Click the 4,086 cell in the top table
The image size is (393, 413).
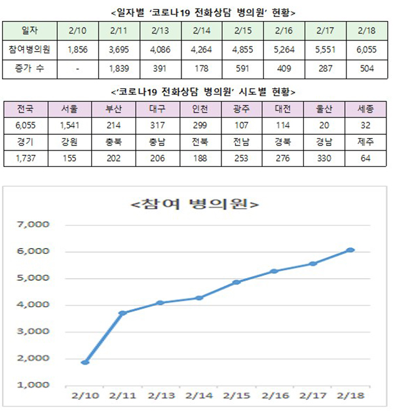tap(160, 49)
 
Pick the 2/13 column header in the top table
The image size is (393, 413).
tap(160, 30)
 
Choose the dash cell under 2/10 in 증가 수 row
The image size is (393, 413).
tap(79, 68)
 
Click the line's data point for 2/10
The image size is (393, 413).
tap(85, 362)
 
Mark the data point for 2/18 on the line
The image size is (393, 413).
tap(351, 250)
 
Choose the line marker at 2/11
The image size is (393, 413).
tap(122, 313)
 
